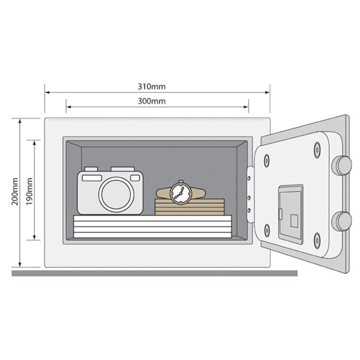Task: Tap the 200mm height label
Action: [15, 191]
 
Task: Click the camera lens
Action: [116, 194]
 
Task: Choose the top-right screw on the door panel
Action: [317, 149]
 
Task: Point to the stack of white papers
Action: [152, 226]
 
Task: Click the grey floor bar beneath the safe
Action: [155, 273]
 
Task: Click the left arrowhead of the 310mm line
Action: [46, 92]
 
